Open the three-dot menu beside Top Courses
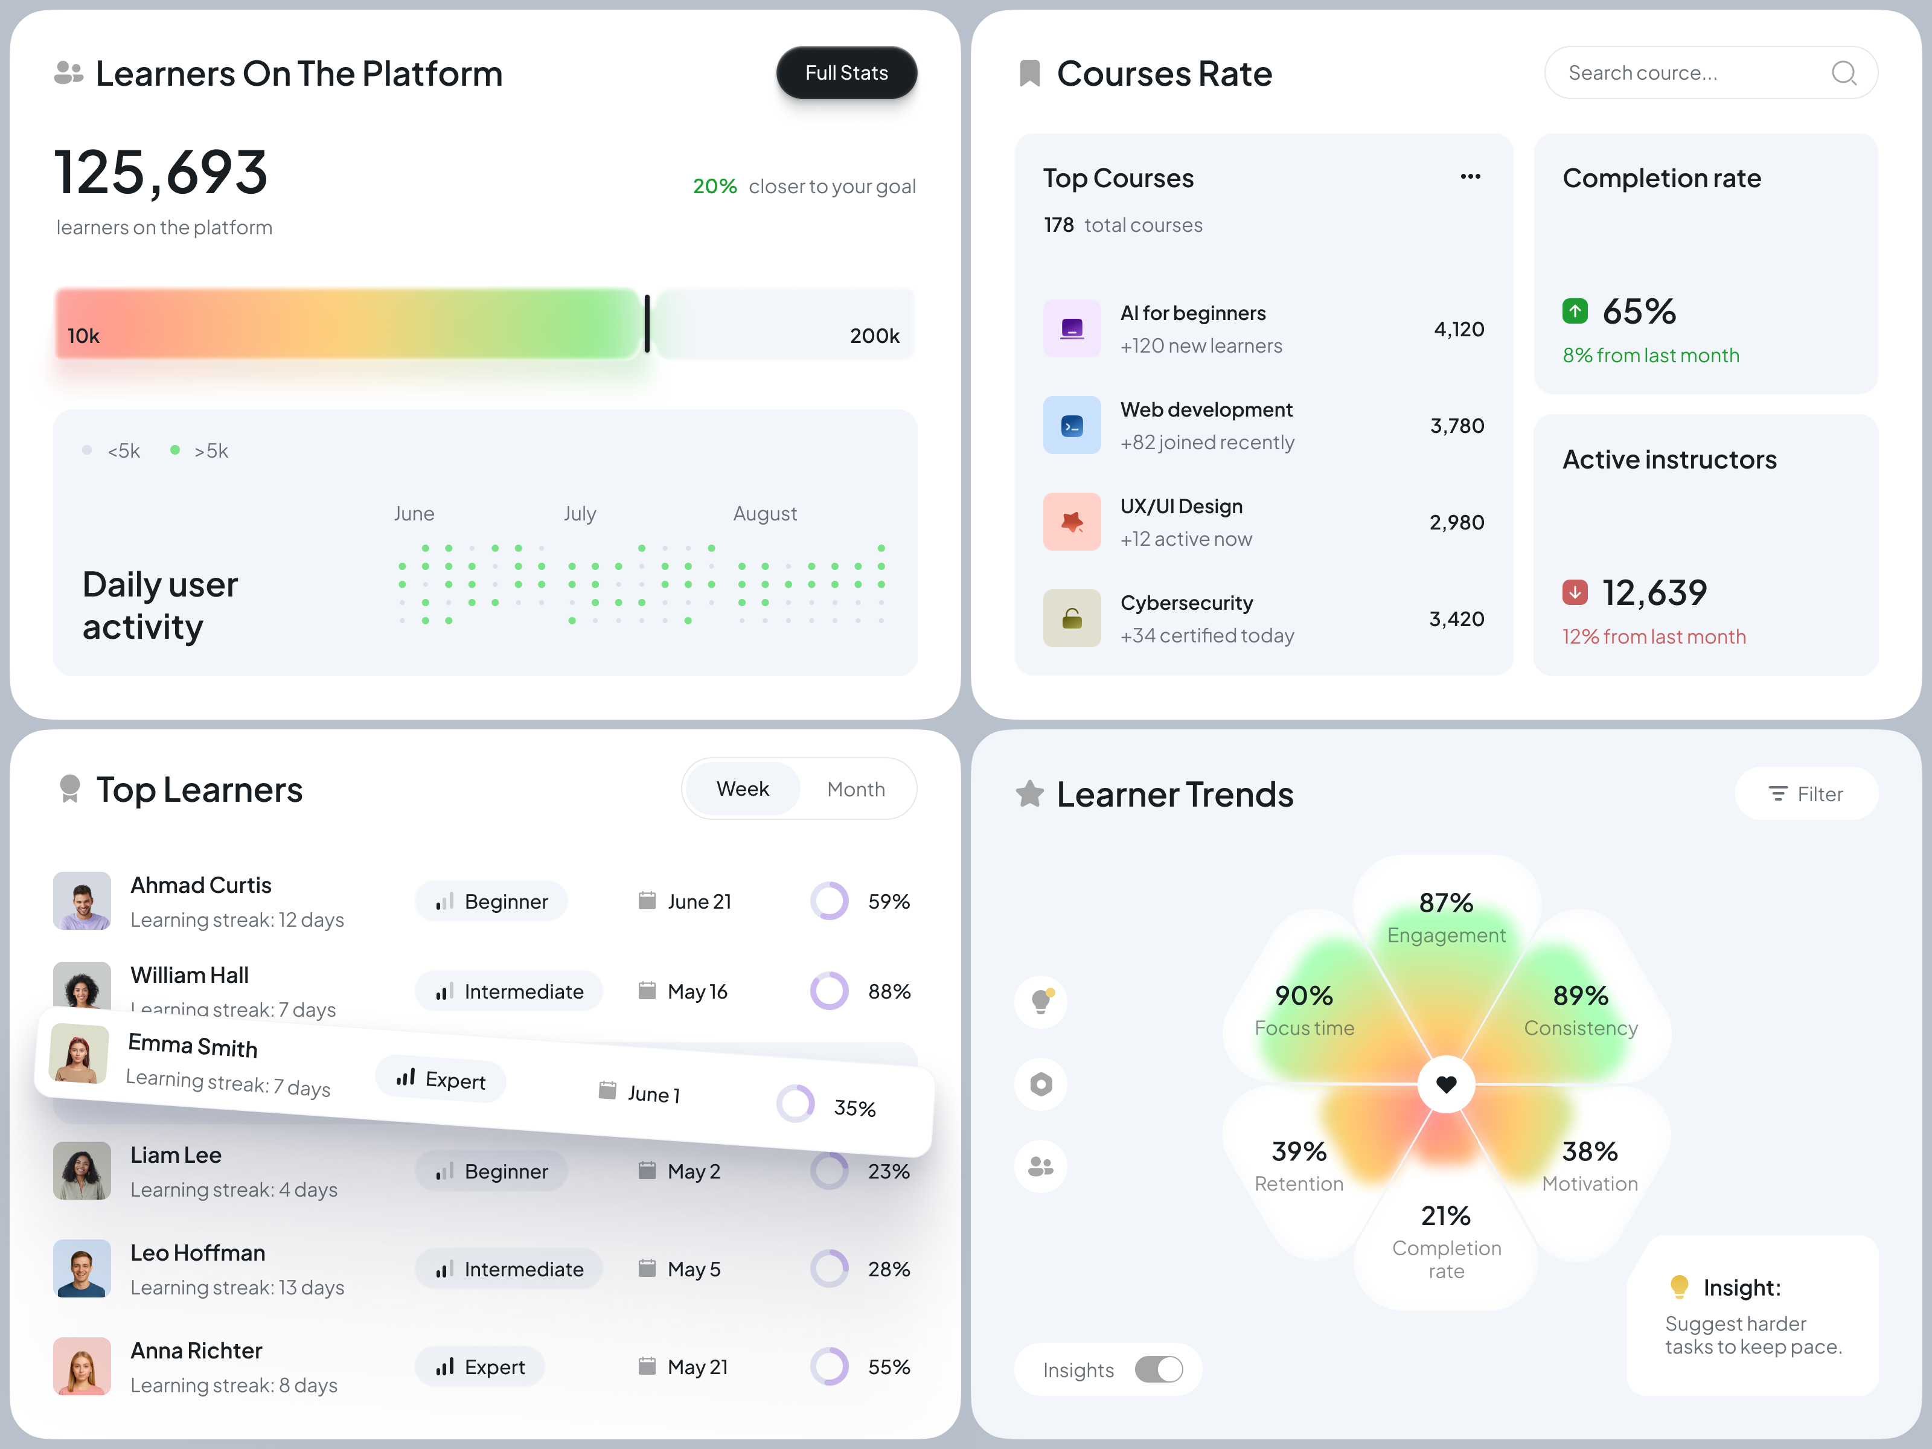point(1470,178)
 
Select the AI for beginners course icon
point(1072,328)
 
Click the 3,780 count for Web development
point(1457,426)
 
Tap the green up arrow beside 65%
point(1575,311)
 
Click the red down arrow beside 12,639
point(1575,592)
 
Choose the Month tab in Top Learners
point(856,790)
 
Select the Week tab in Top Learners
point(743,790)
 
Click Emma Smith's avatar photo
point(80,1054)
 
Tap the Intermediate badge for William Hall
point(509,991)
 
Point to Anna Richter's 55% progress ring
point(829,1367)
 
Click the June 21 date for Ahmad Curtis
point(699,901)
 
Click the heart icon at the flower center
point(1447,1084)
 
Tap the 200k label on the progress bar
point(874,336)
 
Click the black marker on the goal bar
point(647,323)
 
